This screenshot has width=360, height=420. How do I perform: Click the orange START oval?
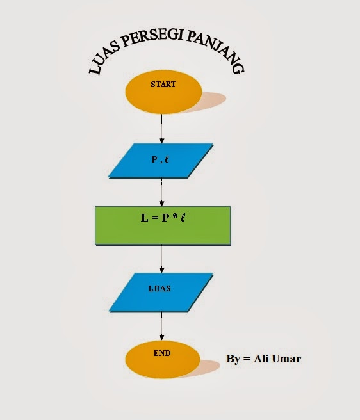(x=162, y=92)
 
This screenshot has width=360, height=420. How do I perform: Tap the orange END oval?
(x=162, y=359)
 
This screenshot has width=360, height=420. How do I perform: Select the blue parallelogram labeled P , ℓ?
(x=161, y=160)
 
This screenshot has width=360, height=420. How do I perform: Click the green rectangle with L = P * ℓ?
(x=162, y=225)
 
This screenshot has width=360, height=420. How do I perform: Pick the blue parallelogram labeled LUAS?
(x=161, y=293)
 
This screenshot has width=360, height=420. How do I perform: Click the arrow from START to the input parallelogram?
(x=162, y=129)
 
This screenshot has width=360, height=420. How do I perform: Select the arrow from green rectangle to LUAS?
(x=162, y=259)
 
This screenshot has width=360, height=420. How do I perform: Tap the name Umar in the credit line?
(x=286, y=359)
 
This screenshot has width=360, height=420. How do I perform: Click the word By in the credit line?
(x=233, y=359)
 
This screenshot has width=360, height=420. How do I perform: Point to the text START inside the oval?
(x=163, y=84)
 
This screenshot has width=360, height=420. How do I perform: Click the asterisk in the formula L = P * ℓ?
(x=173, y=218)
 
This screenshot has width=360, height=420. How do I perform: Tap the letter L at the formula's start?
(x=144, y=218)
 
